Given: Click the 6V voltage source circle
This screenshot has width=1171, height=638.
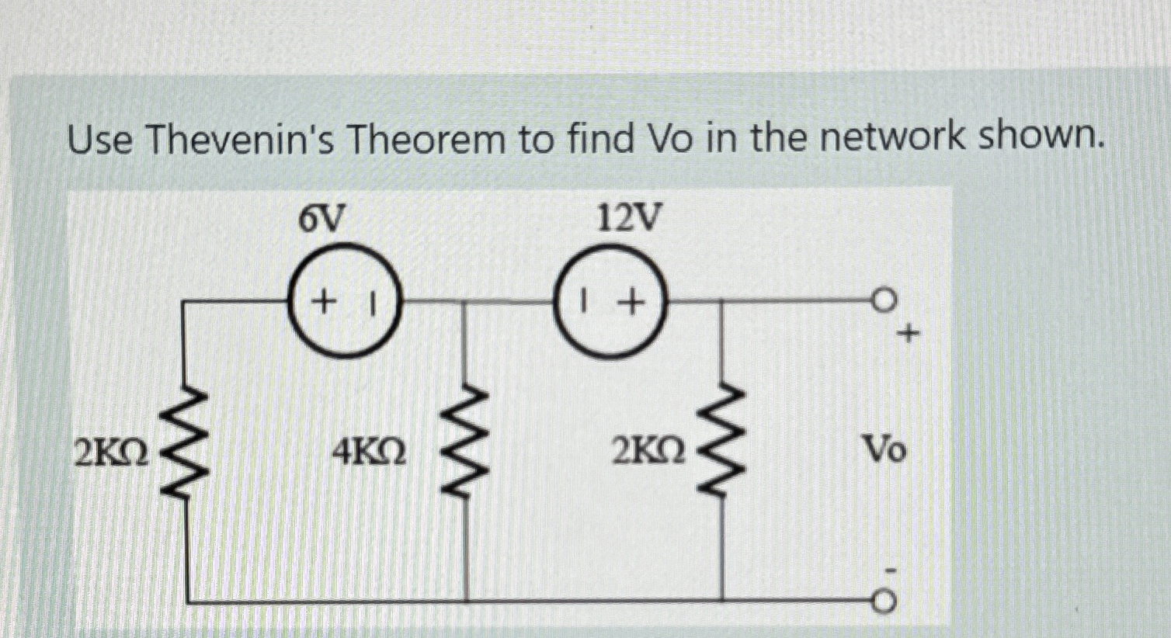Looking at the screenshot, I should [x=345, y=300].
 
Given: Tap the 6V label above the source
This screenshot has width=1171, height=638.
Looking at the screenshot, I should [x=321, y=220].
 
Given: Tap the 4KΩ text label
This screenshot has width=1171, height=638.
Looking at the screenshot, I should [x=369, y=451].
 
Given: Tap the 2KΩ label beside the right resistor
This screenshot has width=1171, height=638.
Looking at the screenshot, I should [x=648, y=451].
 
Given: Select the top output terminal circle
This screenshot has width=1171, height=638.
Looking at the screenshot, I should [x=884, y=300].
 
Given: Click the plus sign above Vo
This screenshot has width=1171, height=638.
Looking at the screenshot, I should [x=908, y=335].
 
